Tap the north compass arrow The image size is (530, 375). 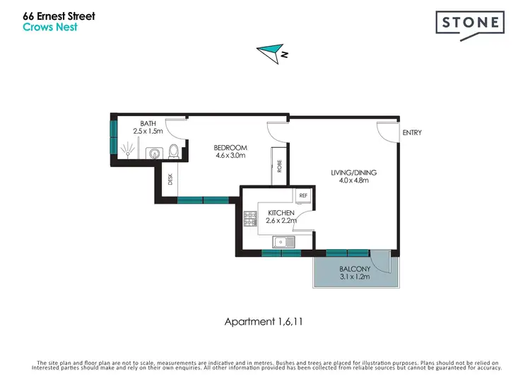coord(269,52)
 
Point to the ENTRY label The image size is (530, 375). coord(411,132)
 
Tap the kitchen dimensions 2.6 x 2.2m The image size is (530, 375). coord(281,221)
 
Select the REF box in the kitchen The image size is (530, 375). coord(302,195)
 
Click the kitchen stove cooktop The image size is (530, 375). coord(250,219)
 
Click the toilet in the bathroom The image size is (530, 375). coord(174,151)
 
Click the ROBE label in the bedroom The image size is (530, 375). coord(279,168)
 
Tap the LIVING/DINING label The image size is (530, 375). coord(354,172)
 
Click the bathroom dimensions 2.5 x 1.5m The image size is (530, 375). coord(148,131)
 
